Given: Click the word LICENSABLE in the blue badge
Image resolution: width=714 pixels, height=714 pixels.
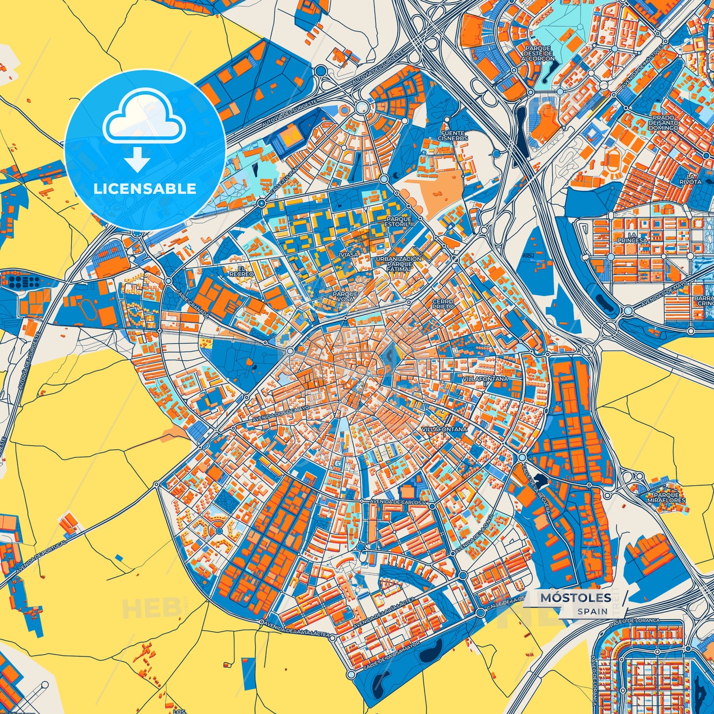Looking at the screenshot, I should pyautogui.click(x=145, y=189).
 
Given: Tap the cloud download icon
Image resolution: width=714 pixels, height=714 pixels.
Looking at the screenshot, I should pyautogui.click(x=144, y=129).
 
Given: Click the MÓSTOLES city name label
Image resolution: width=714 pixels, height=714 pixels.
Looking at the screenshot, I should pyautogui.click(x=575, y=598).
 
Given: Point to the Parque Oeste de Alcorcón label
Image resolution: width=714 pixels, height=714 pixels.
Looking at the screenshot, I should pyautogui.click(x=538, y=53).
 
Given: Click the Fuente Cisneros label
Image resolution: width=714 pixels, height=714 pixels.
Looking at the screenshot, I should pyautogui.click(x=453, y=136).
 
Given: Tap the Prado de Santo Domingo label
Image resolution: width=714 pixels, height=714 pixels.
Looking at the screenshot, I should pyautogui.click(x=664, y=123).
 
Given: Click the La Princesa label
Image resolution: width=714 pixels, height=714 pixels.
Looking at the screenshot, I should pyautogui.click(x=631, y=238).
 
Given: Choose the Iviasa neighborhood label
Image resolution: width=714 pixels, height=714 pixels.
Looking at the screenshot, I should pyautogui.click(x=348, y=255).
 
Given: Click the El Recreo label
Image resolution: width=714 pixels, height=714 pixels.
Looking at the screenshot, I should pyautogui.click(x=242, y=271).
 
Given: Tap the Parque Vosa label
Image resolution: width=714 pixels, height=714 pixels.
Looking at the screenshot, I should pyautogui.click(x=345, y=296).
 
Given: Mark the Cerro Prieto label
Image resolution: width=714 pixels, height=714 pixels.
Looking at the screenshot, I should pyautogui.click(x=443, y=304).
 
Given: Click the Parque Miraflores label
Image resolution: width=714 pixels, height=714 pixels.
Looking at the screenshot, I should pyautogui.click(x=667, y=498).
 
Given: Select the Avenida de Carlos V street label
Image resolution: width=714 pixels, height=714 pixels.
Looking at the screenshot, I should pyautogui.click(x=397, y=502).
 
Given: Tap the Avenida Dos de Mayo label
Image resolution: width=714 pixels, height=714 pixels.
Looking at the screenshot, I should pyautogui.click(x=280, y=414).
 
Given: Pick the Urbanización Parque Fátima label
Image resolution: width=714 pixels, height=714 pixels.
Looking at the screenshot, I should pyautogui.click(x=399, y=264).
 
